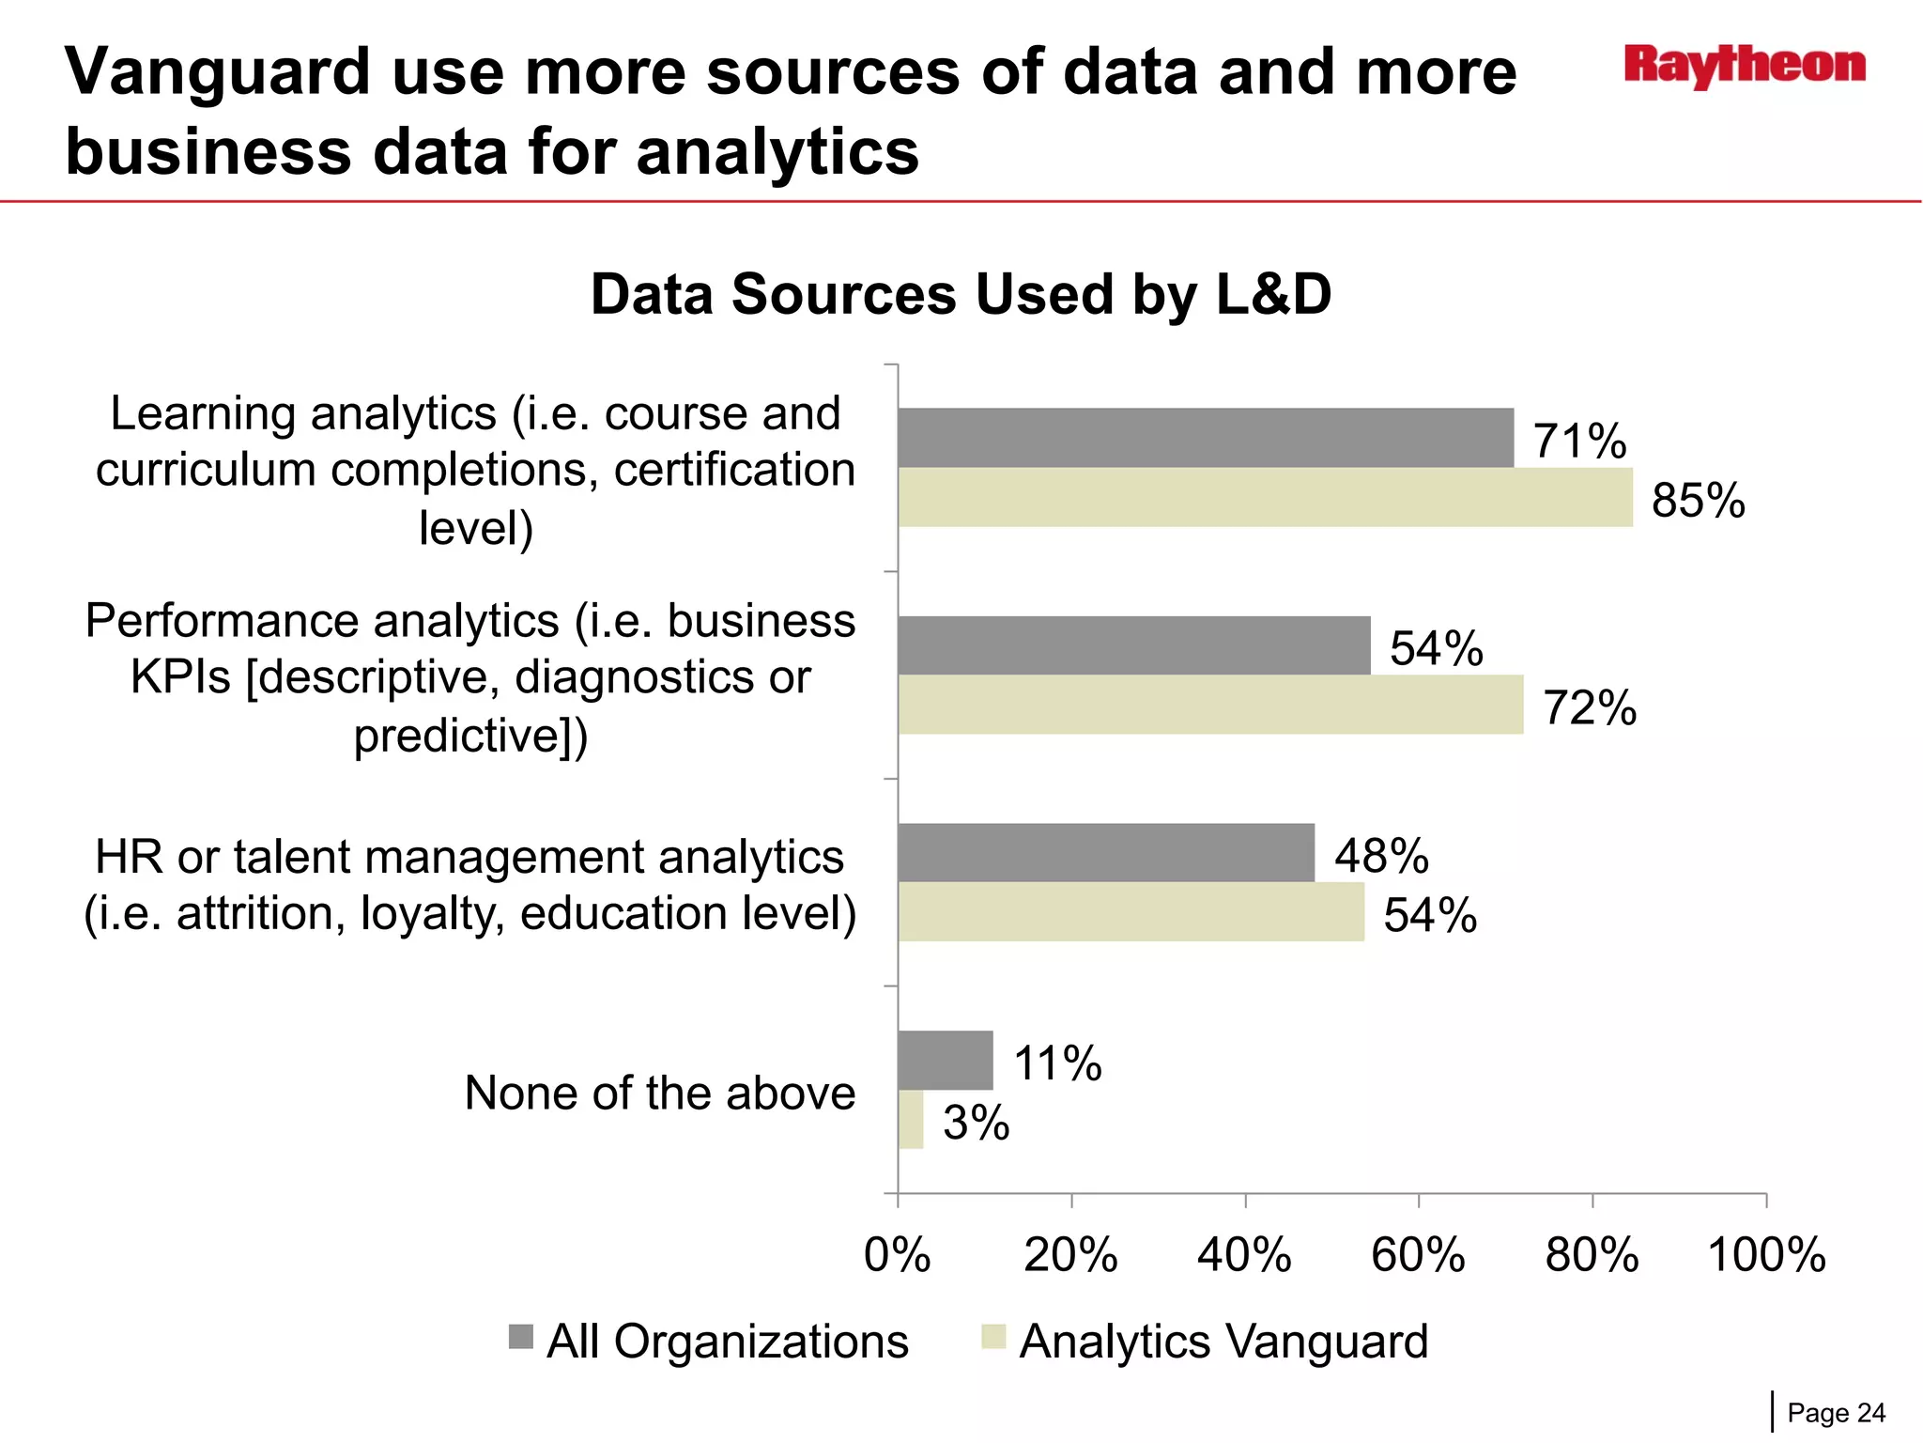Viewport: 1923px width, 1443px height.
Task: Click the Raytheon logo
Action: point(1745,66)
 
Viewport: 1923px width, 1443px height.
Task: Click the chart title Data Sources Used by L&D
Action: point(961,294)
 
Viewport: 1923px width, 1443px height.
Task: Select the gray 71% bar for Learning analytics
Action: point(1206,438)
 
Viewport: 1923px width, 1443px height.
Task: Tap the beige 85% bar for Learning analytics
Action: point(1265,497)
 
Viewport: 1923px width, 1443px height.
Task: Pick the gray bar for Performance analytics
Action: point(1133,645)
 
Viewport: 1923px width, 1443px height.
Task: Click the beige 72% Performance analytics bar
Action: point(1210,705)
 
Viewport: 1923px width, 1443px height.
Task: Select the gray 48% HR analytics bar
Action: point(1106,853)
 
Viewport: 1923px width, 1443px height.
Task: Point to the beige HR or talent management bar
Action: point(1131,912)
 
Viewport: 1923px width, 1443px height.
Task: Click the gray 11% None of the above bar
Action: point(945,1061)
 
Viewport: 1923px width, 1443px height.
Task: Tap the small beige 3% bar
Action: point(911,1120)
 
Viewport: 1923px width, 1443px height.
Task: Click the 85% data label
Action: point(1698,500)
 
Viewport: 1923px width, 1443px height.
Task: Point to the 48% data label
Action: point(1381,856)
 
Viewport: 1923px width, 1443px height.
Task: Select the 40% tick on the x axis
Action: point(1244,1255)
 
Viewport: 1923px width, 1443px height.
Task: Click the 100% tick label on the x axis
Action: point(1766,1255)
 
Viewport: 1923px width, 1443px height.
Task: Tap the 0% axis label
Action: point(897,1255)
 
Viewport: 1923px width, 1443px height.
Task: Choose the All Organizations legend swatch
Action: point(521,1337)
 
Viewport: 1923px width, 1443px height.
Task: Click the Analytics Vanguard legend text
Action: point(1223,1342)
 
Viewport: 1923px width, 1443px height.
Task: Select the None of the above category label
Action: point(659,1093)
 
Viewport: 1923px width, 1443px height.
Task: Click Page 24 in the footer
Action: point(1836,1413)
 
